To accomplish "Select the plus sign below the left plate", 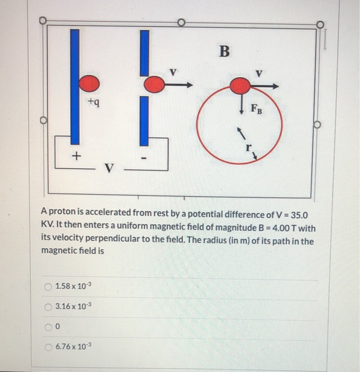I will click(x=77, y=156).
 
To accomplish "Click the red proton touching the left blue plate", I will click(x=89, y=83).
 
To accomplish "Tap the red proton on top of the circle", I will click(x=241, y=85).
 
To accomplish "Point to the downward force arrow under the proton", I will click(x=241, y=104).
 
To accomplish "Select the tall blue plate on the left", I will click(x=75, y=85).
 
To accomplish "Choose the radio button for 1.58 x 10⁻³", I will click(x=48, y=288).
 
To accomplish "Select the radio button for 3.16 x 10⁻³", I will click(x=48, y=307).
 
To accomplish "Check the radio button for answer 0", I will click(x=48, y=327).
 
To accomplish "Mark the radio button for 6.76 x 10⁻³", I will click(x=48, y=346).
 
